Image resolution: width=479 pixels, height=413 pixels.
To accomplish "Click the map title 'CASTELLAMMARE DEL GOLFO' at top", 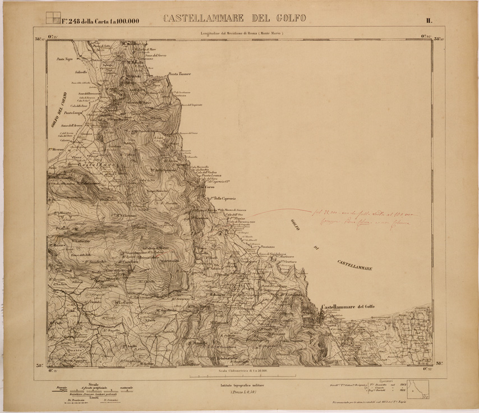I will [x=235, y=19].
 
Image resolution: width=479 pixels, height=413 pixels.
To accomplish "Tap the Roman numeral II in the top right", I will [x=428, y=21].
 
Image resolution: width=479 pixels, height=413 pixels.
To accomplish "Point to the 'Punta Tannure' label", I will [x=180, y=74].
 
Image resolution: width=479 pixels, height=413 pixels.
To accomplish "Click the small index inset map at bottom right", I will [x=418, y=388].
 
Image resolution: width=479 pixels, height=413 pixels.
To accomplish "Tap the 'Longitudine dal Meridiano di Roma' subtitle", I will [x=243, y=34].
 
